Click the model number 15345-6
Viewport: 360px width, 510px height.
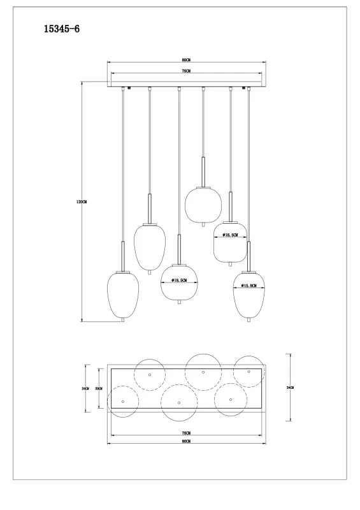click(61, 29)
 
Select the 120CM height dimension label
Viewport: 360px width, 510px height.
click(82, 202)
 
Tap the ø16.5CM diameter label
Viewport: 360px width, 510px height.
click(231, 235)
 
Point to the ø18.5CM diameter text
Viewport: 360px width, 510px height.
click(178, 280)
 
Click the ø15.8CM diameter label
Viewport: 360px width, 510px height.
click(249, 286)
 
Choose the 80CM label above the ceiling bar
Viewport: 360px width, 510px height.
click(186, 60)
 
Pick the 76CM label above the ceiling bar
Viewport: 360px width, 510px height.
click(186, 71)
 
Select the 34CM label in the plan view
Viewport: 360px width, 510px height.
click(290, 388)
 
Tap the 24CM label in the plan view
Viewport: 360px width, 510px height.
click(85, 388)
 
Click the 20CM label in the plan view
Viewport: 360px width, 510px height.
click(98, 388)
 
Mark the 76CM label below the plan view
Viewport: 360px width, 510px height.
click(186, 433)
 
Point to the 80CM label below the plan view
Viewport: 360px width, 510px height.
click(186, 441)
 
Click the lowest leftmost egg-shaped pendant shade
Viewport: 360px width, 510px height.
click(122, 296)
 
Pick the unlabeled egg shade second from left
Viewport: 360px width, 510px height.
click(150, 246)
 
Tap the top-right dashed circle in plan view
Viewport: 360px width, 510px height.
click(249, 371)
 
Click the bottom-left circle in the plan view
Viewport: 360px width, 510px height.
click(122, 401)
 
